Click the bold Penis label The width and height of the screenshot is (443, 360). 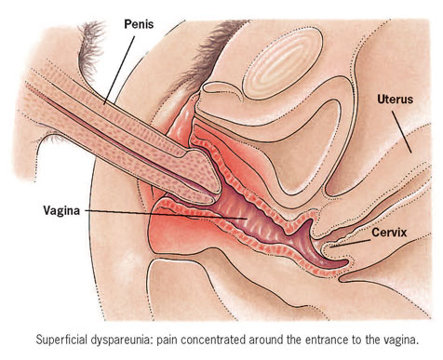139,24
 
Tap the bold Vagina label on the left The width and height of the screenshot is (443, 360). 61,210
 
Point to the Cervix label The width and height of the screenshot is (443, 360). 389,232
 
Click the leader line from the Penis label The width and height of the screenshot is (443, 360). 120,70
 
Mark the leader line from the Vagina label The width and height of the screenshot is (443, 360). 166,214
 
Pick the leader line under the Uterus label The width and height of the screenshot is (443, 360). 402,132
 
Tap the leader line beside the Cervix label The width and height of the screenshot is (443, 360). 350,243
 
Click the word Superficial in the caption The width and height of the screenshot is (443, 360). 61,340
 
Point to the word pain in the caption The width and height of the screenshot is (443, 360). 167,340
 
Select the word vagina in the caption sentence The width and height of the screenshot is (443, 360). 400,340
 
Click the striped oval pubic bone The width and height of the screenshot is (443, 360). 283,63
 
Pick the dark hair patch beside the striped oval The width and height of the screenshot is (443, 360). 216,53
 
